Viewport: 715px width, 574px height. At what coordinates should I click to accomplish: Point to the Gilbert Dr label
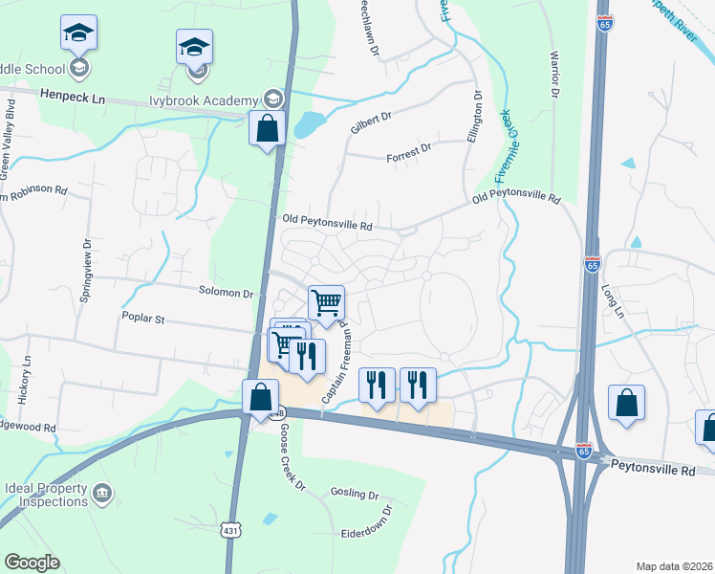(372, 118)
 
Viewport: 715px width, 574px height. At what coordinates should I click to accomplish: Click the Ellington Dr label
(472, 116)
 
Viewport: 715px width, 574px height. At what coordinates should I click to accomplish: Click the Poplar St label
(143, 316)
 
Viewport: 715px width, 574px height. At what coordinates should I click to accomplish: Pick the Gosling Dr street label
(355, 494)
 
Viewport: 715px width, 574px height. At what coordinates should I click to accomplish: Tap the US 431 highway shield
(230, 529)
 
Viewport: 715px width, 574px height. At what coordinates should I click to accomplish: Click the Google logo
(32, 563)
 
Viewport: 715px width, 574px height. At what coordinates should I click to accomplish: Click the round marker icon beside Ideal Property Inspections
(103, 494)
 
